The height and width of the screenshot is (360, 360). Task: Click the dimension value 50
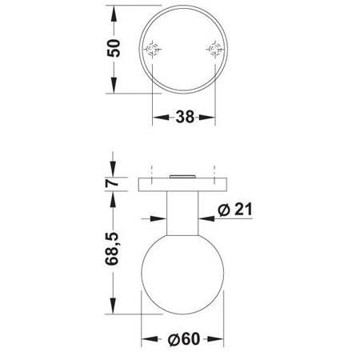coord(114,48)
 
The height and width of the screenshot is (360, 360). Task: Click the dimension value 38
coord(185,117)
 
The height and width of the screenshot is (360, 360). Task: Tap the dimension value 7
coord(112,183)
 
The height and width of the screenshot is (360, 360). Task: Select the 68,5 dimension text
coord(111,249)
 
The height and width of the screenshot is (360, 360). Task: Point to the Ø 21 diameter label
coord(235,210)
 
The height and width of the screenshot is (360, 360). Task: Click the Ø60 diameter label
coord(184,339)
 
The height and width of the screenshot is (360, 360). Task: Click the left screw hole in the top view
coord(152,50)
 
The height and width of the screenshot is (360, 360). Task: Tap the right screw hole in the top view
coord(215,50)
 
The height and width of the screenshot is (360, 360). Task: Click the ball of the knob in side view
coord(182,274)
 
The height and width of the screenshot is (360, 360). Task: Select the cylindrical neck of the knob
coord(182,214)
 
